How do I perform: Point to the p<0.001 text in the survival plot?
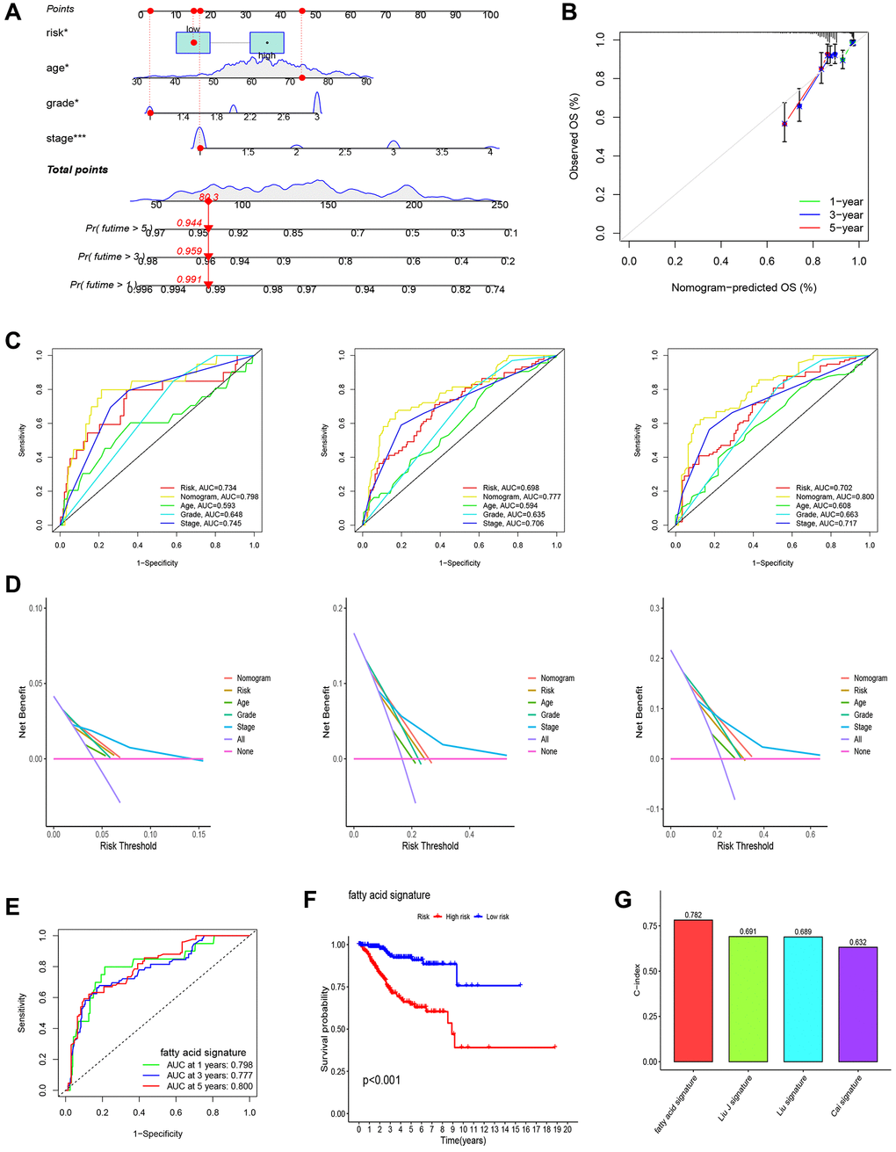click(381, 1079)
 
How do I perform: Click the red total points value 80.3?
click(209, 197)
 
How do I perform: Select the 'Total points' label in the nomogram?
click(77, 170)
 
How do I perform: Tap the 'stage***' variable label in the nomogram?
click(66, 138)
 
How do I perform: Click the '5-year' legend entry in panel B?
click(845, 228)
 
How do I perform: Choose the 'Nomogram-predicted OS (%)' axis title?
click(743, 287)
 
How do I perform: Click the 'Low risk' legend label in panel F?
click(497, 917)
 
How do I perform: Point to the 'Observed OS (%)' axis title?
click(574, 136)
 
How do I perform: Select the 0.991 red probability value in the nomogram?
click(190, 280)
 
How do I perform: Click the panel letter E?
click(12, 906)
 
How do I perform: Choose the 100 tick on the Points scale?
click(490, 15)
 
